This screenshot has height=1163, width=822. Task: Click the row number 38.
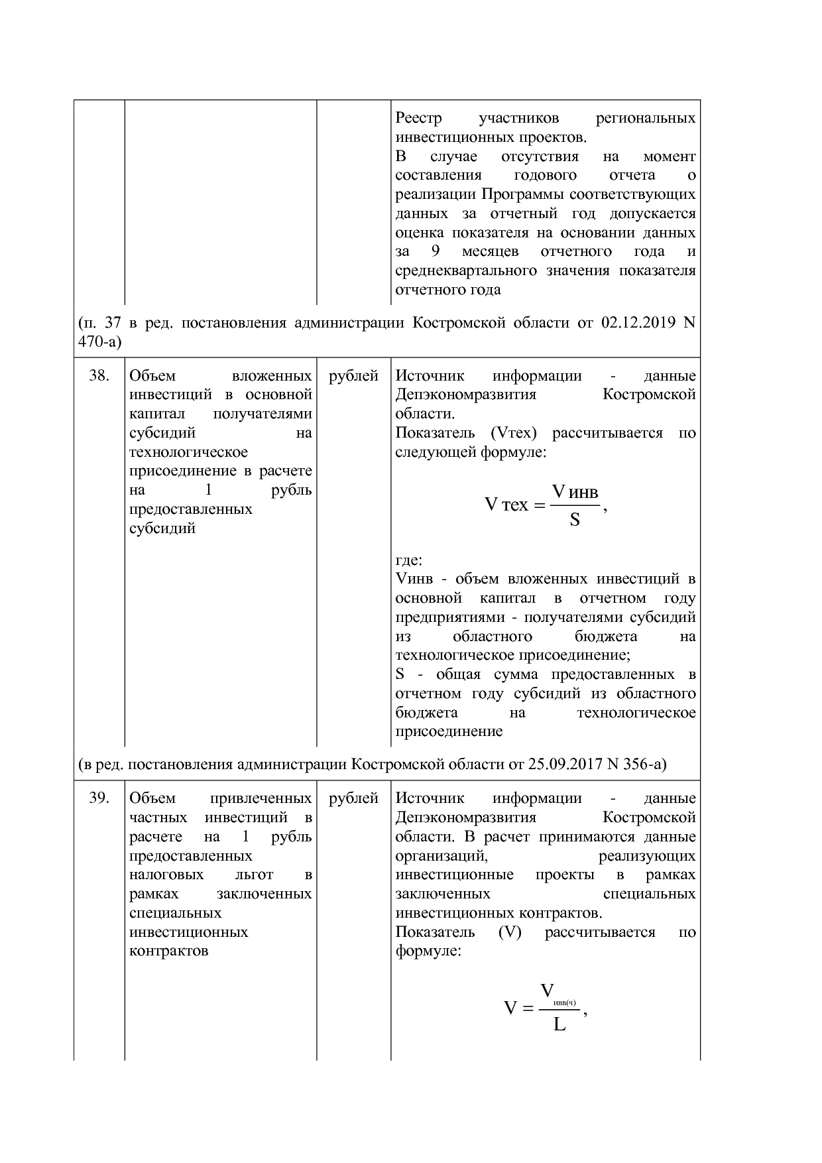click(x=99, y=376)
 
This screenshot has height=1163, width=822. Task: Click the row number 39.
click(x=99, y=798)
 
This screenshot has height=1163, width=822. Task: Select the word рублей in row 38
click(x=353, y=376)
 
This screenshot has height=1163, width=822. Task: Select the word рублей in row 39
click(x=353, y=798)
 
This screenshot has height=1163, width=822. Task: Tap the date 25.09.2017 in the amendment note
click(x=564, y=765)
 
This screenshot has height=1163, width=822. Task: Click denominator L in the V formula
click(x=559, y=1025)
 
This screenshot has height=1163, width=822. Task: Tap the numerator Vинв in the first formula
click(x=574, y=492)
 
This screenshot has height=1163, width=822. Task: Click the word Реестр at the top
click(x=418, y=119)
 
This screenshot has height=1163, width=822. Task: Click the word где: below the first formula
click(x=408, y=560)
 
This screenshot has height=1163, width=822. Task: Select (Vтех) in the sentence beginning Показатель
click(x=513, y=434)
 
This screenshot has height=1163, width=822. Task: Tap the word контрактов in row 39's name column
click(x=169, y=951)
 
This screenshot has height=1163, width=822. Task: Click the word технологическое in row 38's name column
click(x=188, y=452)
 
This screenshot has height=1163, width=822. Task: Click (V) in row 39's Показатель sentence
click(x=510, y=932)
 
